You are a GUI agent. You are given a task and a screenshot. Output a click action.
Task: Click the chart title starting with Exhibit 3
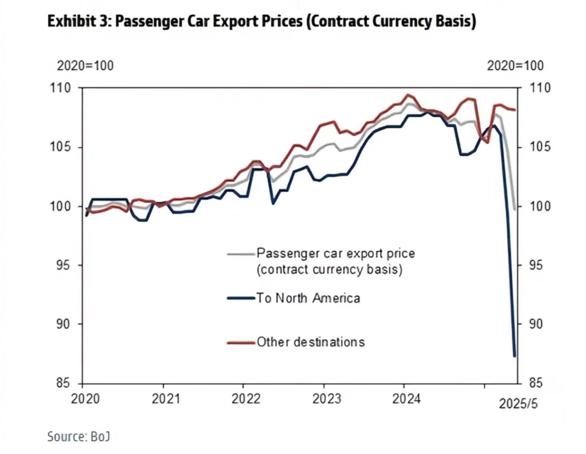pyautogui.click(x=262, y=22)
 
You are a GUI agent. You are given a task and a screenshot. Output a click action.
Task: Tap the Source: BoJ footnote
pyautogui.click(x=79, y=436)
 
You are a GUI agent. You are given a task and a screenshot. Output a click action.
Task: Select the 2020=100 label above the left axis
pyautogui.click(x=85, y=66)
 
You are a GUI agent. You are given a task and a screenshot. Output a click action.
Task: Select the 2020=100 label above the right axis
pyautogui.click(x=515, y=66)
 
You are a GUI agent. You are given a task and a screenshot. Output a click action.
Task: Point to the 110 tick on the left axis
pyautogui.click(x=61, y=88)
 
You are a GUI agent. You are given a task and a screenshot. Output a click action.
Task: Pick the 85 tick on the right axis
pyautogui.click(x=535, y=383)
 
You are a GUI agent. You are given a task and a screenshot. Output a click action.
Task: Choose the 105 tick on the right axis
pyautogui.click(x=539, y=147)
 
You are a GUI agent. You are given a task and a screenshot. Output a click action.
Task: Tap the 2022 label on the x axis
pyautogui.click(x=246, y=398)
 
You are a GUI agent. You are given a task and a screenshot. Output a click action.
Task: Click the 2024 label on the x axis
pyautogui.click(x=406, y=398)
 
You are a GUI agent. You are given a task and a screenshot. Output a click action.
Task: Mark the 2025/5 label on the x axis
pyautogui.click(x=518, y=404)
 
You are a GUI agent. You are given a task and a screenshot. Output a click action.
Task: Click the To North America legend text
pyautogui.click(x=308, y=298)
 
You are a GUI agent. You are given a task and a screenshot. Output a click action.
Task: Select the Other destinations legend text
pyautogui.click(x=311, y=342)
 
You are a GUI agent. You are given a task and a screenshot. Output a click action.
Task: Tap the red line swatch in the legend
pyautogui.click(x=241, y=343)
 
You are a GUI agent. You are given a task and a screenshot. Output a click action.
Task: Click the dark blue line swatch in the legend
pyautogui.click(x=241, y=298)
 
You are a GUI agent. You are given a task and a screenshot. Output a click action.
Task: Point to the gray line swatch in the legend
pyautogui.click(x=241, y=254)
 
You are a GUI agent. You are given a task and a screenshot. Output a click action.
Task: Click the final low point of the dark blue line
pyautogui.click(x=515, y=356)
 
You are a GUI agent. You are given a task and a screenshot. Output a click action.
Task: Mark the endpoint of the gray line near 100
pyautogui.click(x=515, y=209)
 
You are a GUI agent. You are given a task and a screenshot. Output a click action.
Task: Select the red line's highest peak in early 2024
pyautogui.click(x=408, y=95)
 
